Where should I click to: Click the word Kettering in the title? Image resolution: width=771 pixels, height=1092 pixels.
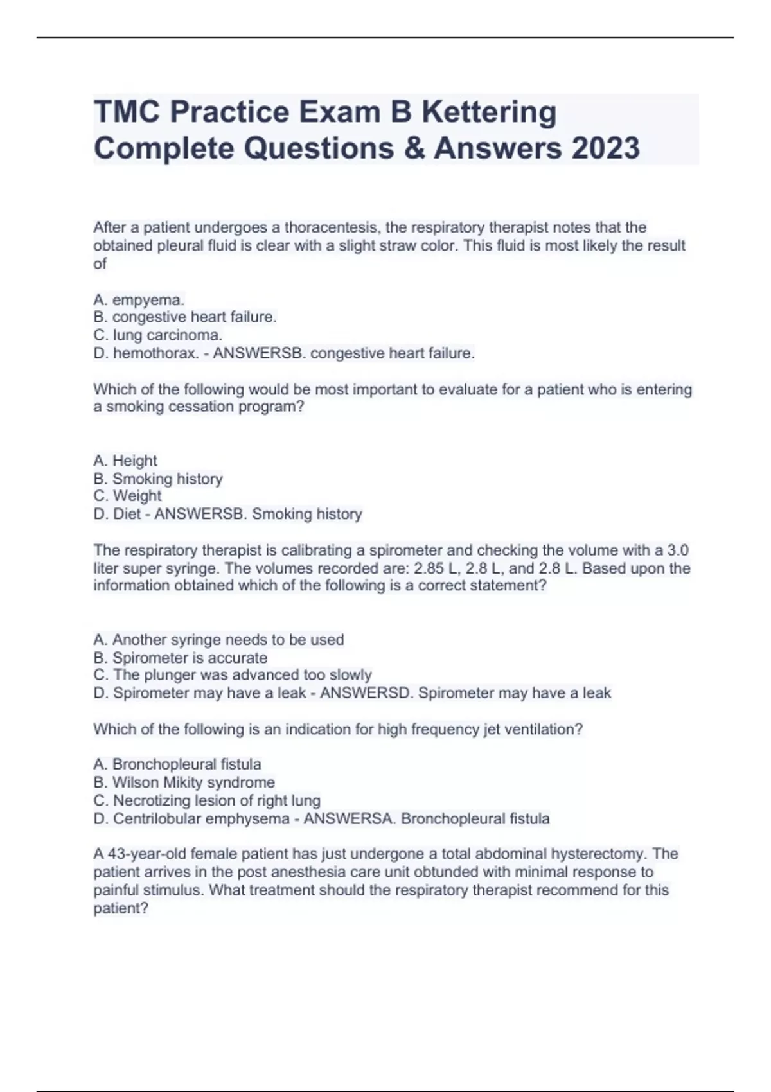tap(489, 112)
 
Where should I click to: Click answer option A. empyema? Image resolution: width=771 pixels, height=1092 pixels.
tap(139, 299)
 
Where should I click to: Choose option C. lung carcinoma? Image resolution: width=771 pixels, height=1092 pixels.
tap(158, 335)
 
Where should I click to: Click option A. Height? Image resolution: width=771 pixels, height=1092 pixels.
tap(125, 461)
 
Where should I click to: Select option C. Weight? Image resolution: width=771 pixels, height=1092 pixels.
tap(127, 496)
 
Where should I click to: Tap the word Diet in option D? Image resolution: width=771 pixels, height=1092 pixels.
tap(127, 514)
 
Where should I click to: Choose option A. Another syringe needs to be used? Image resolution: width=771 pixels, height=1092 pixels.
tap(218, 640)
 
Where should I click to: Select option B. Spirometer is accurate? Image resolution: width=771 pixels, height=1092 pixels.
tap(180, 658)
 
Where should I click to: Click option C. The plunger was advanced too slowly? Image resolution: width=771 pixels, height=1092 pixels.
tap(233, 675)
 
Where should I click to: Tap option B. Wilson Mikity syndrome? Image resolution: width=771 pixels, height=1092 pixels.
tap(184, 782)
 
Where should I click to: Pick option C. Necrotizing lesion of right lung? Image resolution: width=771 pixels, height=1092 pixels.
tap(207, 800)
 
